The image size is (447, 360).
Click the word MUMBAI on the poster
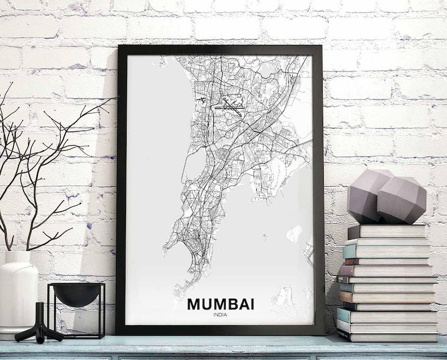tap(220, 304)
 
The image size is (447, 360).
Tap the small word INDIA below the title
tap(221, 314)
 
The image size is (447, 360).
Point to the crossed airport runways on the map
tap(231, 105)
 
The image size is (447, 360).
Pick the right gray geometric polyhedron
tap(401, 200)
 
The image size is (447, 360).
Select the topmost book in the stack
tap(387, 231)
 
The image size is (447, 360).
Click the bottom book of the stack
tap(387, 336)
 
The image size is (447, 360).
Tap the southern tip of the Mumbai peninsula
tap(178, 292)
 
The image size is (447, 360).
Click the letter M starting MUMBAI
tap(194, 304)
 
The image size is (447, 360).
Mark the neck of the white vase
tap(17, 256)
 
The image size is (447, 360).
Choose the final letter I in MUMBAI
tap(251, 304)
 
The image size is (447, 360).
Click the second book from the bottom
tap(387, 326)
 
